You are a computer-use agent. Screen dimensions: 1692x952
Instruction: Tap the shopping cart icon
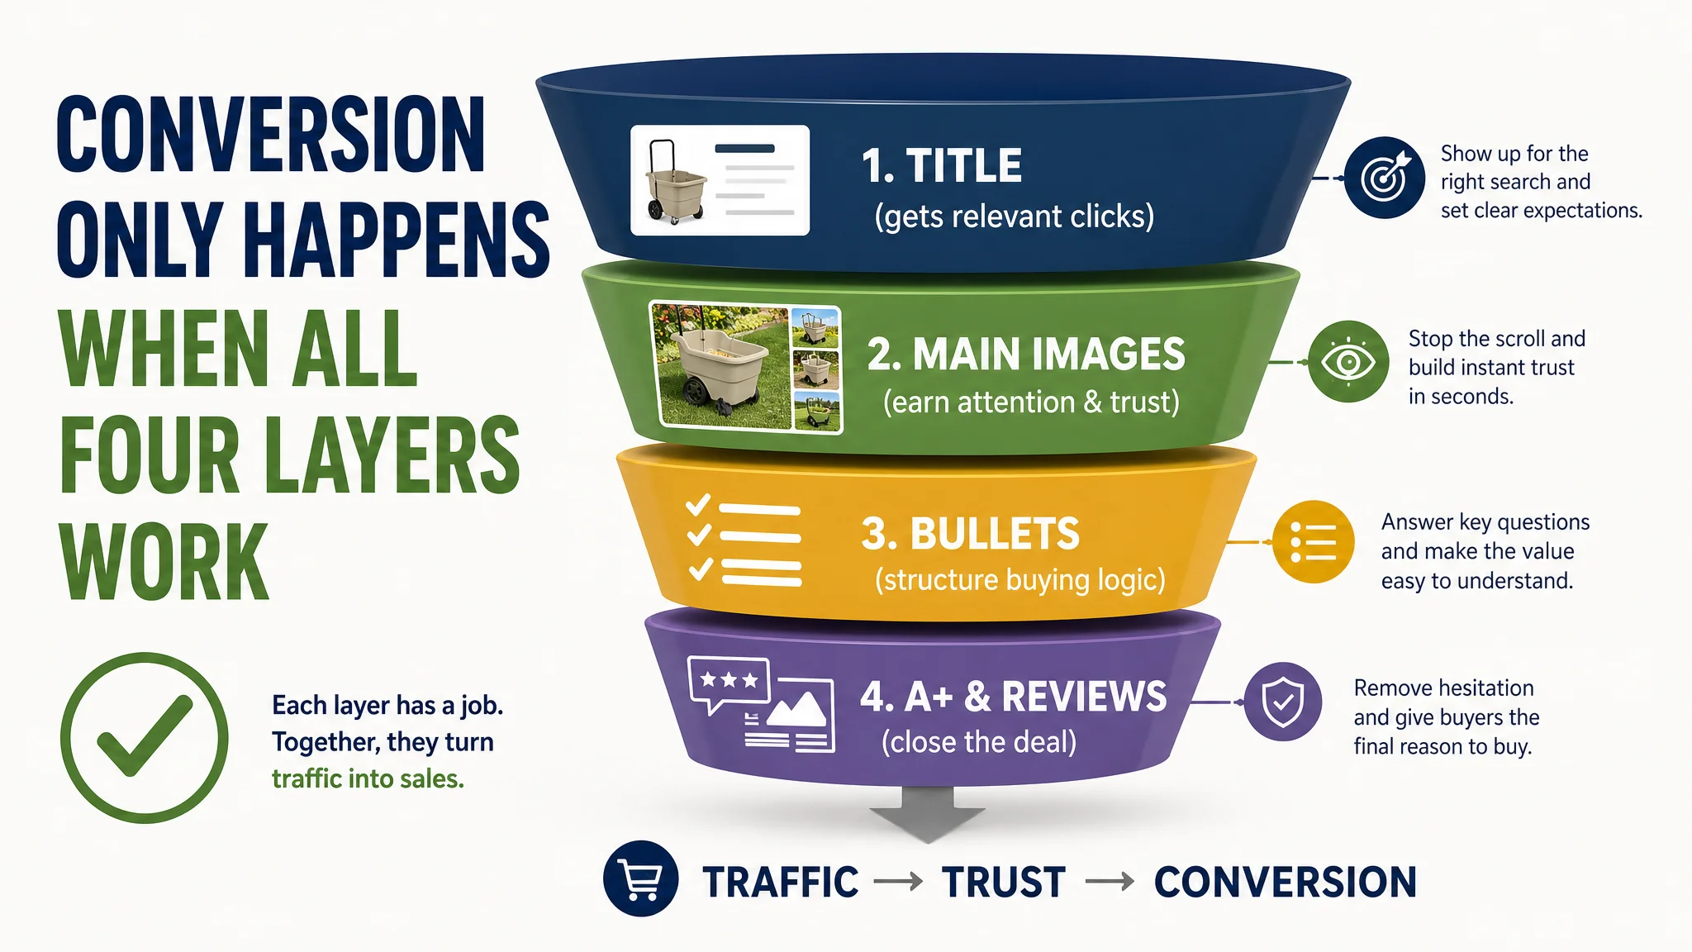pos(641,878)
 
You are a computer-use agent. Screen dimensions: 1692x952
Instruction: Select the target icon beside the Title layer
pos(1385,178)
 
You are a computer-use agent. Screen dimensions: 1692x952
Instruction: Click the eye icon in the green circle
pos(1348,362)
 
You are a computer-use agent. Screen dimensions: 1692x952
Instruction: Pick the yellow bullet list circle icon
pos(1314,542)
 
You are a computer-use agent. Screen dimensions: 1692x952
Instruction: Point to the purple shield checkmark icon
pos(1283,702)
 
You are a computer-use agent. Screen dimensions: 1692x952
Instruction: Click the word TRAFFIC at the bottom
pos(781,882)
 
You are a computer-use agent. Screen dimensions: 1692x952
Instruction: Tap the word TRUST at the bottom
pos(1004,882)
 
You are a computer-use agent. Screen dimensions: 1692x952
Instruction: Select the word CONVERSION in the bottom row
pos(1286,882)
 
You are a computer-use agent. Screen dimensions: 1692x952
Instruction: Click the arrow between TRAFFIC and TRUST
pos(898,883)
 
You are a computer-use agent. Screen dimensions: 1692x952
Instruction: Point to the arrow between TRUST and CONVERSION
pos(1110,883)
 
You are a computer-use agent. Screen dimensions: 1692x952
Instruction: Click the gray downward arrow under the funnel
pos(927,814)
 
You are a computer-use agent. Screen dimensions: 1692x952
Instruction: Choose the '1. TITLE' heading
pos(942,166)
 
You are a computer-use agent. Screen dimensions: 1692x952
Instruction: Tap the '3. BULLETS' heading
pos(971,534)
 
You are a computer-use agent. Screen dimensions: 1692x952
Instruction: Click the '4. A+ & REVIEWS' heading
pos(1014,697)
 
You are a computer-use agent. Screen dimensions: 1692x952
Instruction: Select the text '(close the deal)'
pos(979,742)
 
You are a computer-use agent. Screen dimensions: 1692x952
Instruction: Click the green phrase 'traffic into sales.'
pos(368,778)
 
